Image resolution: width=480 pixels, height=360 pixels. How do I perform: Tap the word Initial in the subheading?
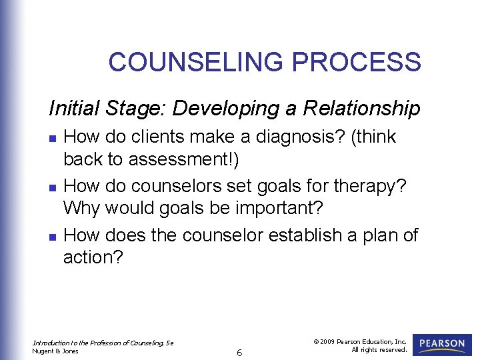coord(73,108)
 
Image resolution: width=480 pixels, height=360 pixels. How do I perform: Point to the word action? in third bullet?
coord(93,257)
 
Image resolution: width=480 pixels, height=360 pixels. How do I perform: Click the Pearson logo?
coord(442,344)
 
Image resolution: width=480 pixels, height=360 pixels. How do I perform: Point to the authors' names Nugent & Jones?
coord(55,351)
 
